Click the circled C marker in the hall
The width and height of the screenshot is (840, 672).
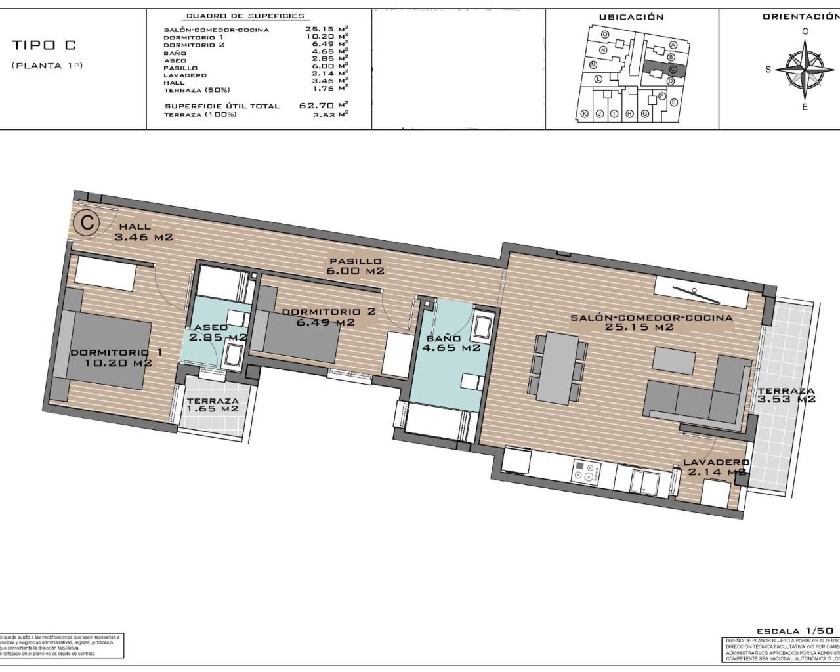[85, 222]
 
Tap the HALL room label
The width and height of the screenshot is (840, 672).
[135, 227]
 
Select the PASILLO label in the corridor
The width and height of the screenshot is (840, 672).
[354, 261]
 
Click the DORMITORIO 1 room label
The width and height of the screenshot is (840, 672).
[115, 352]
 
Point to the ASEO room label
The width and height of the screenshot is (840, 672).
[210, 327]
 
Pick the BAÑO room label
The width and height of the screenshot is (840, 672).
[443, 339]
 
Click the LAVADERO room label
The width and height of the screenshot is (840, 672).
[716, 462]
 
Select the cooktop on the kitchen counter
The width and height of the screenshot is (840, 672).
[588, 472]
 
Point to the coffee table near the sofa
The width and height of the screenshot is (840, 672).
[674, 360]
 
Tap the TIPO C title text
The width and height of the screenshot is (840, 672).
[43, 45]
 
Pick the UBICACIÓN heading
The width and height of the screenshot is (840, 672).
[631, 17]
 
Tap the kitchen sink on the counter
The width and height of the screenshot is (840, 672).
[643, 480]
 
